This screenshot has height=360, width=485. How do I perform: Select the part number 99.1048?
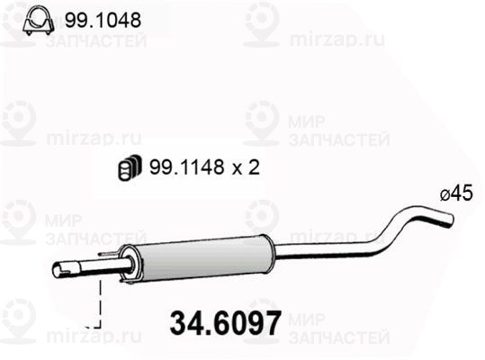tap(102, 20)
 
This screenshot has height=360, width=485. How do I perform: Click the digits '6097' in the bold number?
tap(243, 321)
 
